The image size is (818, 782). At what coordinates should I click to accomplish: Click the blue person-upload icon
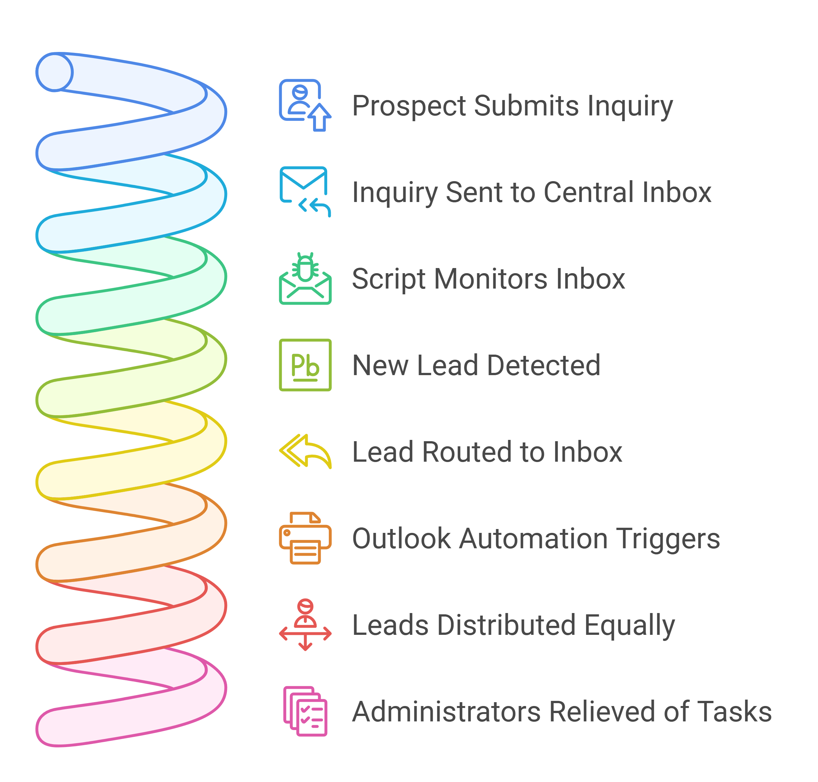(x=305, y=105)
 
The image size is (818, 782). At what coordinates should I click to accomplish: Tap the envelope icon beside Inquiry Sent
(x=305, y=192)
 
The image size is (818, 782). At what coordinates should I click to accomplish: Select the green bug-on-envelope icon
(x=305, y=278)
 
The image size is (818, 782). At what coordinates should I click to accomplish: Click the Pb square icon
(x=305, y=365)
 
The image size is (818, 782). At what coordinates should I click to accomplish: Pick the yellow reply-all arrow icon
(x=305, y=451)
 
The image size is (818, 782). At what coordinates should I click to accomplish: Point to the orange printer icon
(x=305, y=538)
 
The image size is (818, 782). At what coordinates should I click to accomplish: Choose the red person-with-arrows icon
(x=305, y=625)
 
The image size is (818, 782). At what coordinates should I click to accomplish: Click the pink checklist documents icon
(x=305, y=711)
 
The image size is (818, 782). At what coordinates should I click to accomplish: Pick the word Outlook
(x=402, y=539)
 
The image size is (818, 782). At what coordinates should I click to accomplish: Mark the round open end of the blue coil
(x=55, y=72)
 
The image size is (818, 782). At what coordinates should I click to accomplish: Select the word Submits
(x=526, y=106)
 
